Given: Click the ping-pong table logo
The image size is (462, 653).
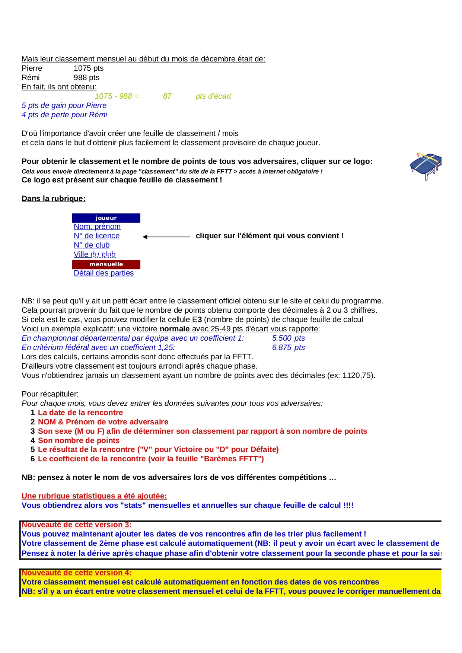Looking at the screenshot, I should [426, 166].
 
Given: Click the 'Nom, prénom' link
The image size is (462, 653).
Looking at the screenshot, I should [97, 226].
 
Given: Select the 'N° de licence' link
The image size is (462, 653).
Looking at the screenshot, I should [96, 236].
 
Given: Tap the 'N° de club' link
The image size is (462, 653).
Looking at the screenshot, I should [92, 245].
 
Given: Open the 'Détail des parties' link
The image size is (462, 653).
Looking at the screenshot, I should [103, 273].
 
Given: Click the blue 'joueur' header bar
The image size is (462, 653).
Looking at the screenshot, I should [106, 218].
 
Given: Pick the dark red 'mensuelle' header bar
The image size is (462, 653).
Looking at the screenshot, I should [106, 264].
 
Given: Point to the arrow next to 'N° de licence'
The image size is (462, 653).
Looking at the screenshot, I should [166, 236].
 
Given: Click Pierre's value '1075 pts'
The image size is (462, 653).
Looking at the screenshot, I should [89, 68].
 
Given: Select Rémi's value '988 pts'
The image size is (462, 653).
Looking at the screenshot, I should [86, 77].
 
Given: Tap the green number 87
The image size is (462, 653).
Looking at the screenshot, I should [167, 96].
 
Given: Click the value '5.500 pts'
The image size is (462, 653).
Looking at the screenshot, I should [288, 338].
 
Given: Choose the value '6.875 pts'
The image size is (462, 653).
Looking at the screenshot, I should [288, 347].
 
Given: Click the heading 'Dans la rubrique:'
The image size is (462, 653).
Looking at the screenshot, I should [54, 198].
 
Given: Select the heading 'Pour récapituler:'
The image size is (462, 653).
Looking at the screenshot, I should [50, 394].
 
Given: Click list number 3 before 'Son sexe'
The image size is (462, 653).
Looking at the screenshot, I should [33, 431].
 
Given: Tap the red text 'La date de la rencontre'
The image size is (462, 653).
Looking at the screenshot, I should [80, 412].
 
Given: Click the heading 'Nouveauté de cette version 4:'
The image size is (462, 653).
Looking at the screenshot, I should [76, 573].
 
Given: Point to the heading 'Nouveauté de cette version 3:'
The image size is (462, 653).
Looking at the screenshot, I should [76, 525].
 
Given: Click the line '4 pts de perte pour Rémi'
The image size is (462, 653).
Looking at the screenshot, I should [64, 115].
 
